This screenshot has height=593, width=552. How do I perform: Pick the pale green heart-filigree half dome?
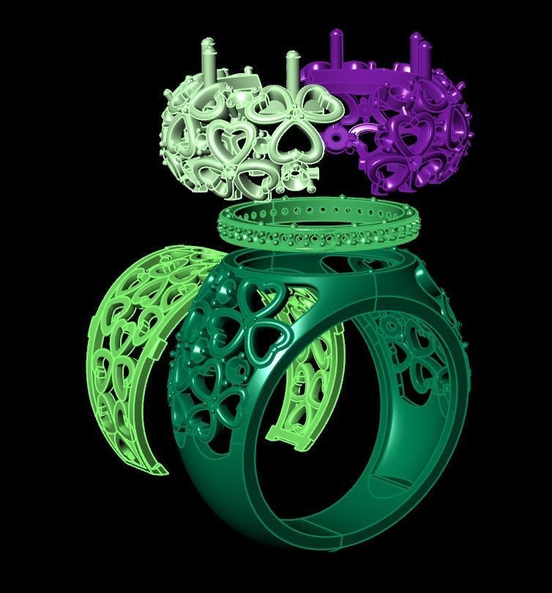(x=242, y=139)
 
